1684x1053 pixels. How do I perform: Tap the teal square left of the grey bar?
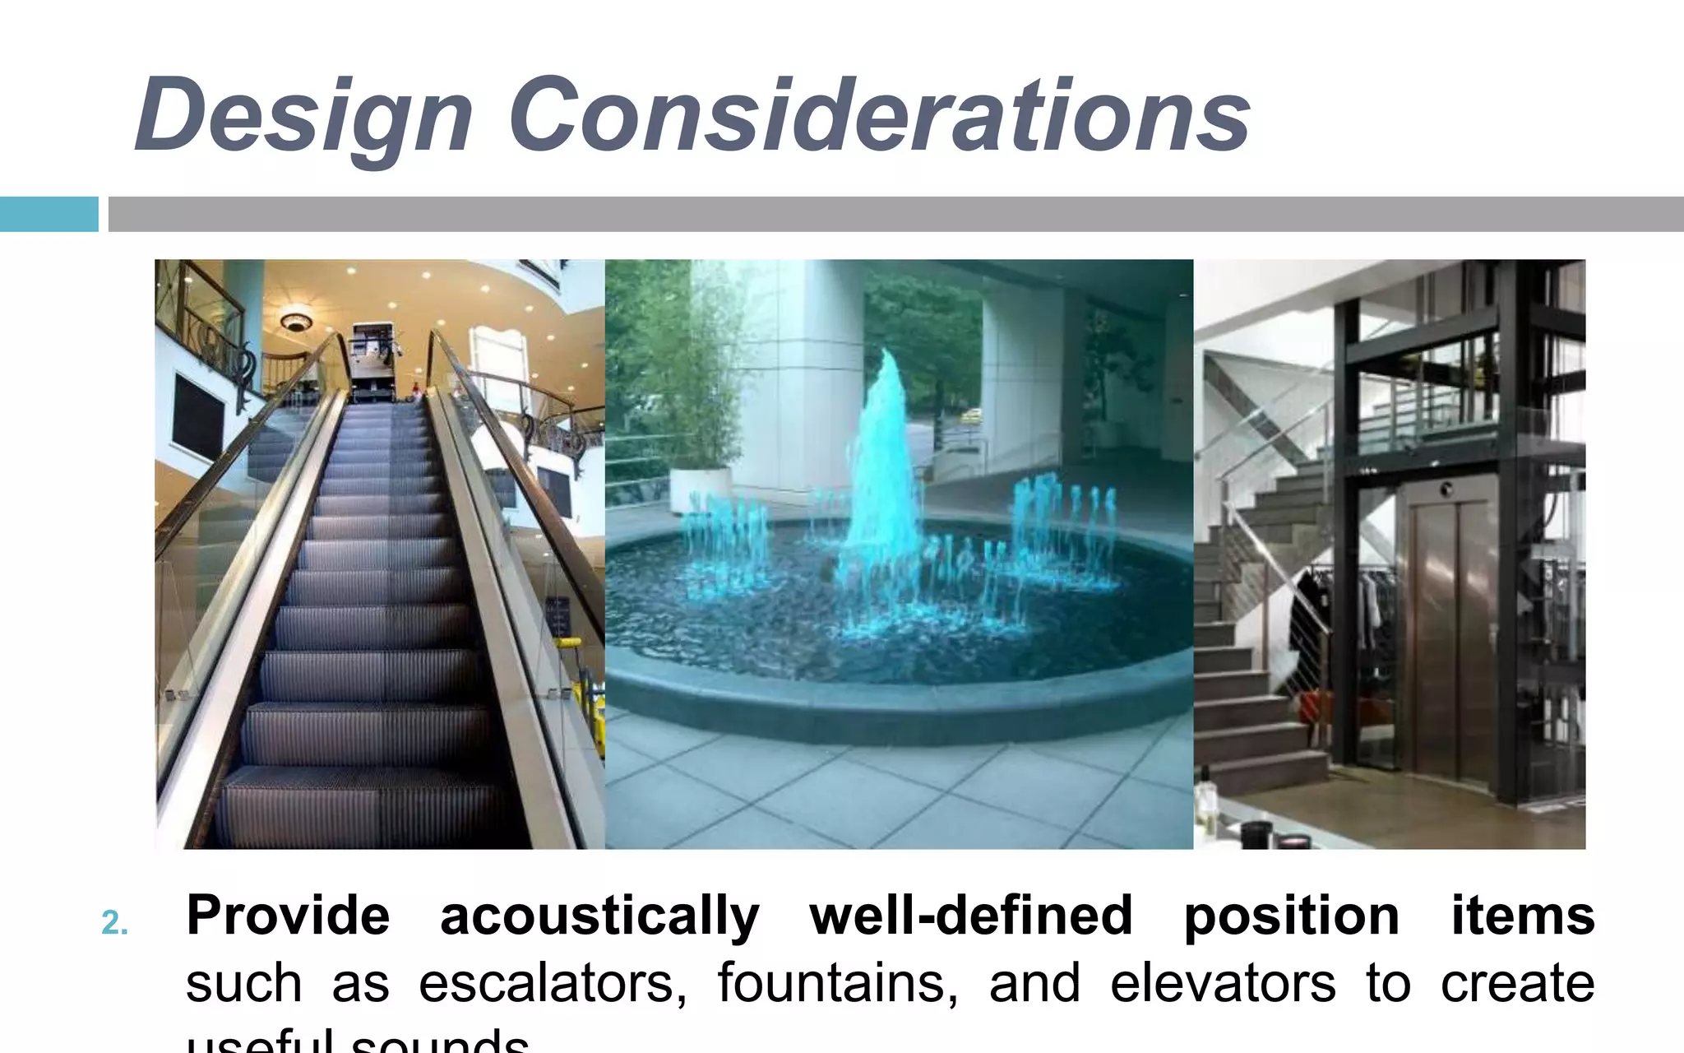coord(49,214)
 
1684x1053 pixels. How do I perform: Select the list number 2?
coord(114,923)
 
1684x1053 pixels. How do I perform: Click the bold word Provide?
coord(288,916)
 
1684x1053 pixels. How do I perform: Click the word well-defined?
coord(971,916)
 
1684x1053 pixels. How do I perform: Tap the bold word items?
coord(1522,916)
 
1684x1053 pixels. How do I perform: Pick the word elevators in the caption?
coord(1223,983)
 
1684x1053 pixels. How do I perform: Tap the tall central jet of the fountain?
coord(880,461)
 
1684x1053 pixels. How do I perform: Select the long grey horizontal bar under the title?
coord(895,214)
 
